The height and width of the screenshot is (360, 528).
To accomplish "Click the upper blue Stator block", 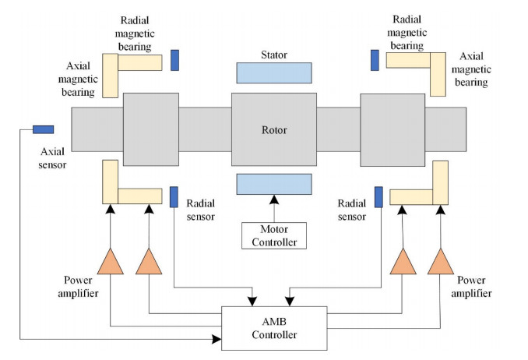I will point(273,72).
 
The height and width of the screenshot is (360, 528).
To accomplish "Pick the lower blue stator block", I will point(273,184).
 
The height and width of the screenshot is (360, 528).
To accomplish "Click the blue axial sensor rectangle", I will point(43,129).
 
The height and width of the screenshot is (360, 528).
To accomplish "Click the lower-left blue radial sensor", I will point(174,196).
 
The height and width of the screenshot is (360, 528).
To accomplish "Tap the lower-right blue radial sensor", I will point(378,197).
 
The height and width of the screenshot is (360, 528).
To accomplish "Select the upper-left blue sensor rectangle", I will point(174,60).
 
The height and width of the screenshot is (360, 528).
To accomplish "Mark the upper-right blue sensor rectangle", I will point(375,60).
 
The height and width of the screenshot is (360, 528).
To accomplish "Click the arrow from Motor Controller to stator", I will point(273,209).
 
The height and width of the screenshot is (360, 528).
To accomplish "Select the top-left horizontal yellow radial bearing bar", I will point(139,62).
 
